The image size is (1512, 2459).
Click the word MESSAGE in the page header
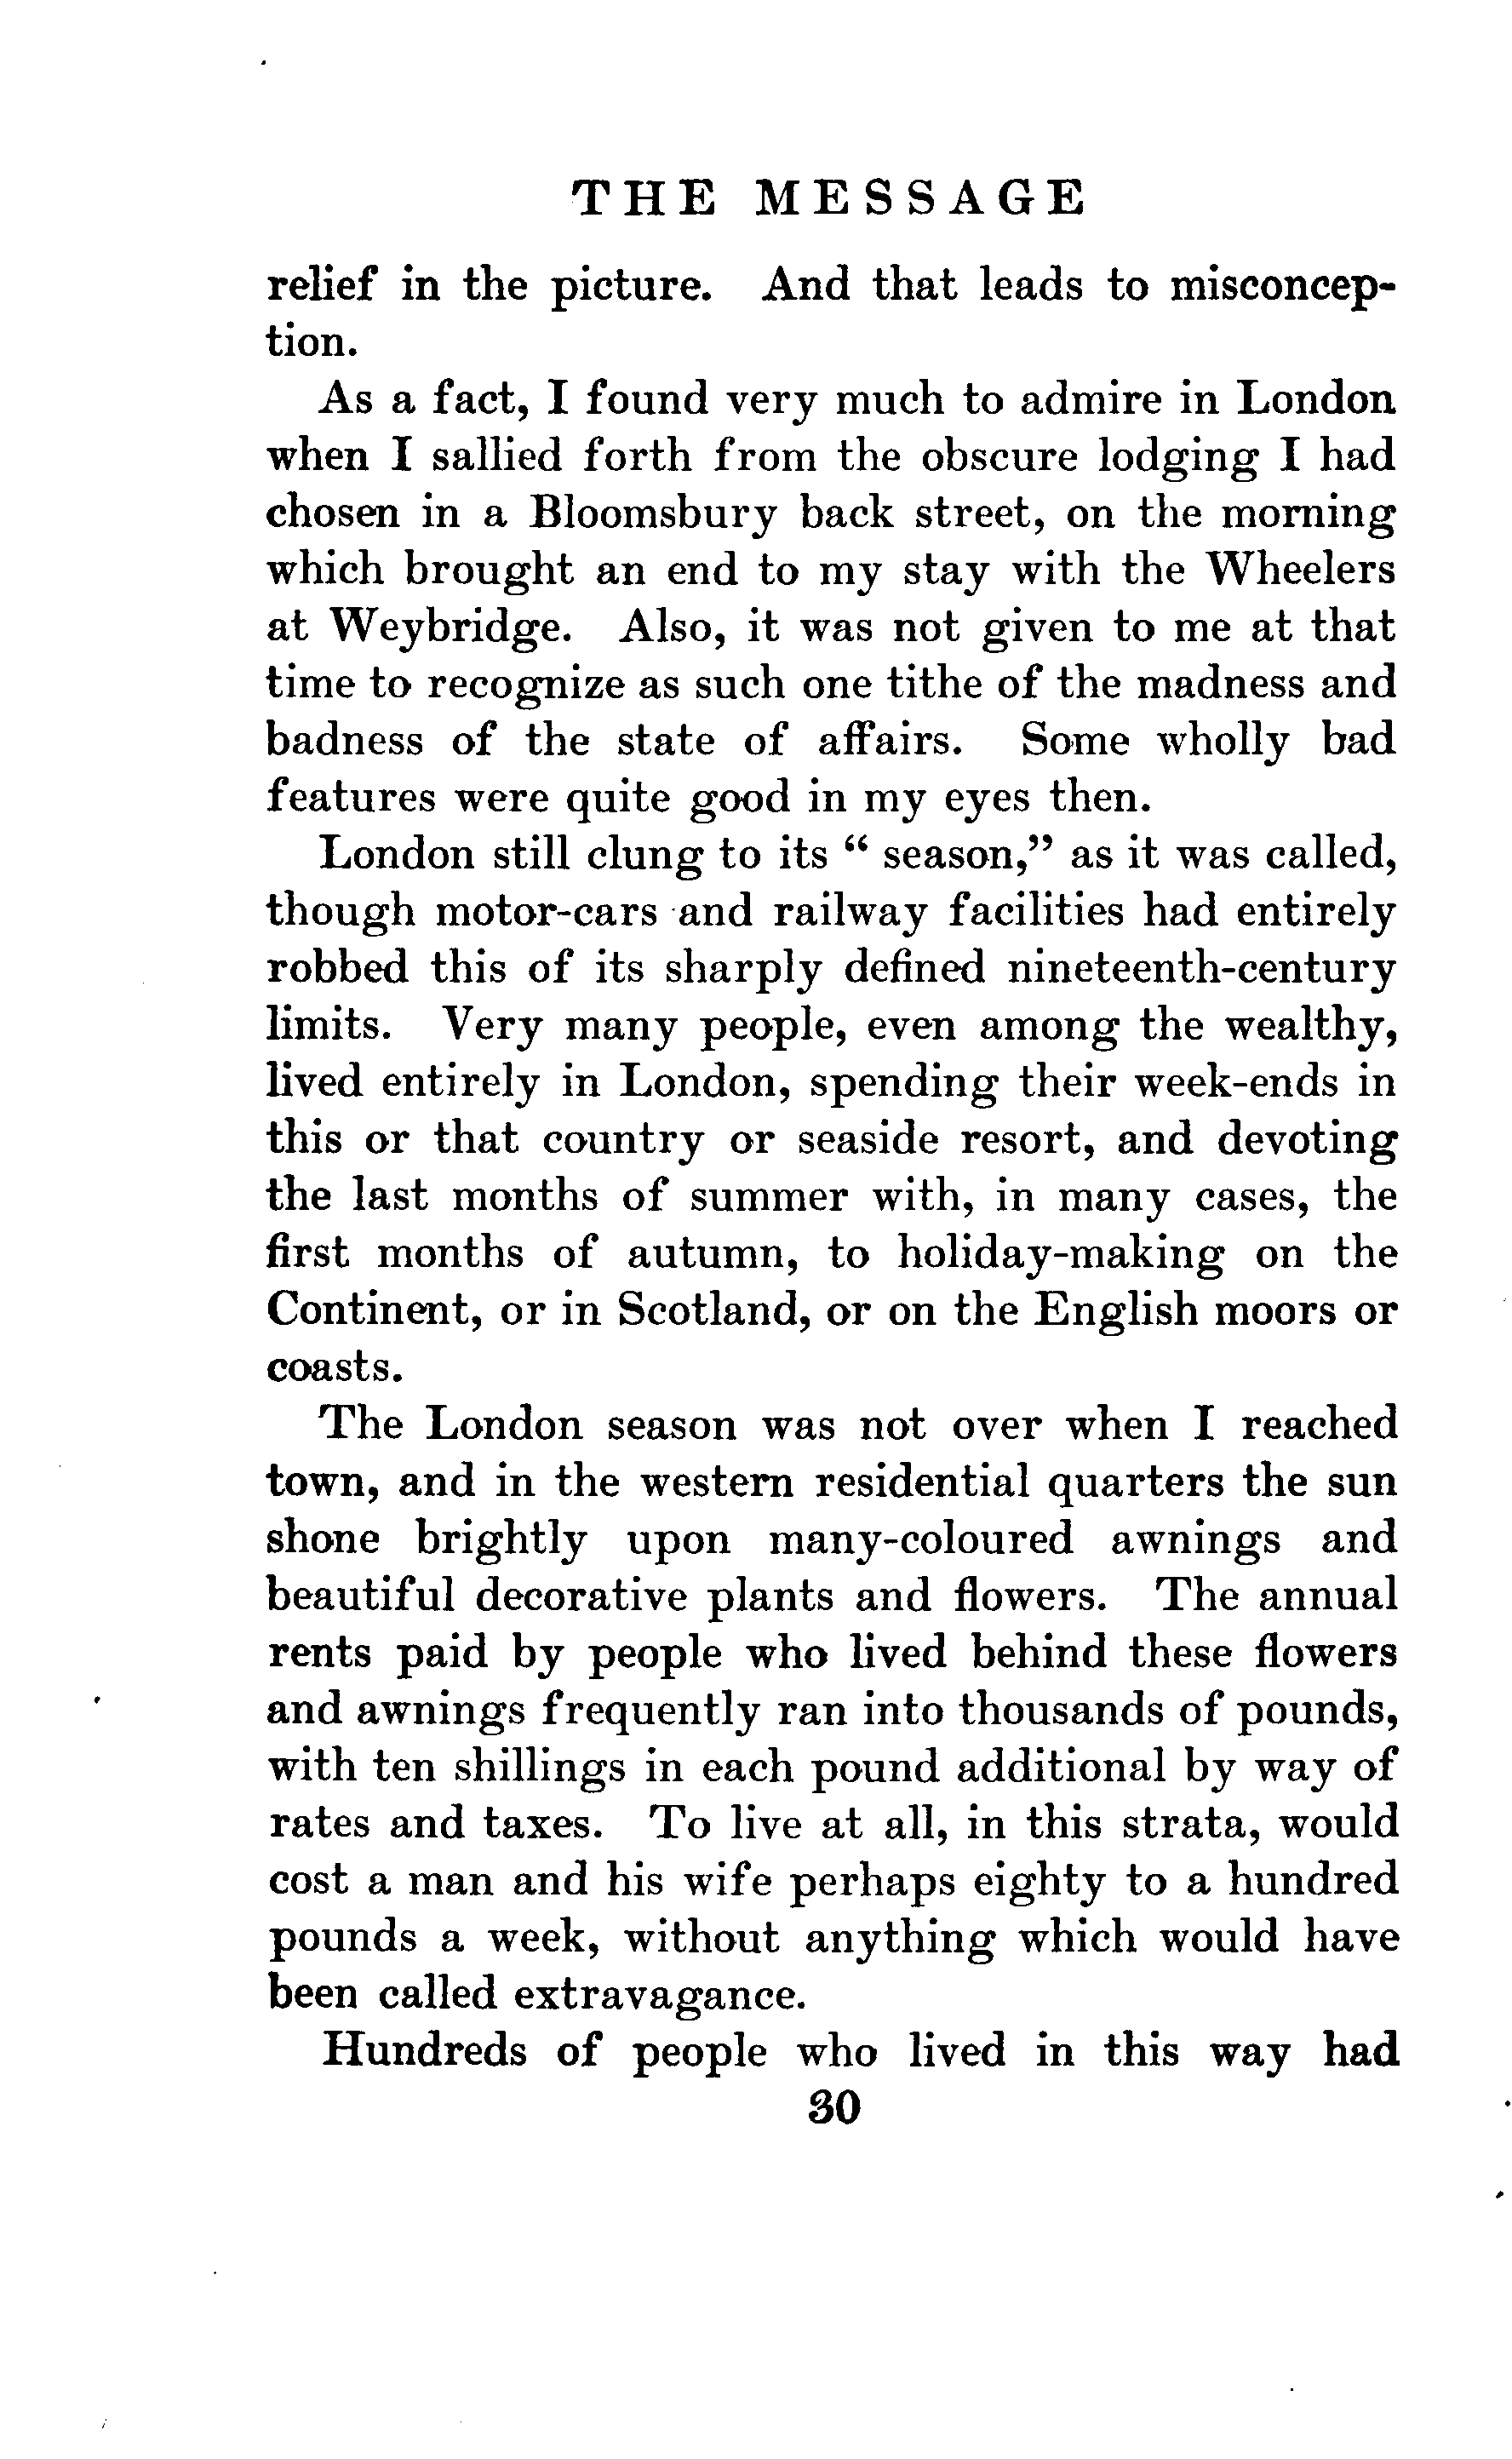point(919,198)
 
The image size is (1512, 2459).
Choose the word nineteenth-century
point(1201,969)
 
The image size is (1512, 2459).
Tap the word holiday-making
point(1060,1254)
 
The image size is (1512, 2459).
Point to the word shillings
point(540,1767)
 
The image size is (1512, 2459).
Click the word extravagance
point(660,1995)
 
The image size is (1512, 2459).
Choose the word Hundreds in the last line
point(424,2051)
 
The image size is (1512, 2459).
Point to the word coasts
point(334,1367)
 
